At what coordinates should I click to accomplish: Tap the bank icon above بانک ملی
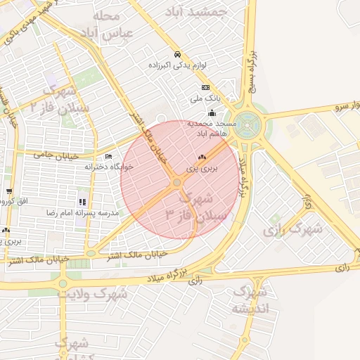pos(205,88)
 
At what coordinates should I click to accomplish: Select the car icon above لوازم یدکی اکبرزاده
pos(177,54)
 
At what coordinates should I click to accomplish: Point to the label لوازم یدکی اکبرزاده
pos(176,65)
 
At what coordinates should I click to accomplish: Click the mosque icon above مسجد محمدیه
pos(212,112)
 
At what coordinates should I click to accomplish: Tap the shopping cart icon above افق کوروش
pos(8,191)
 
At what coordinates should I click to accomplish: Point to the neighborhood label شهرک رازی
pos(293,229)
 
